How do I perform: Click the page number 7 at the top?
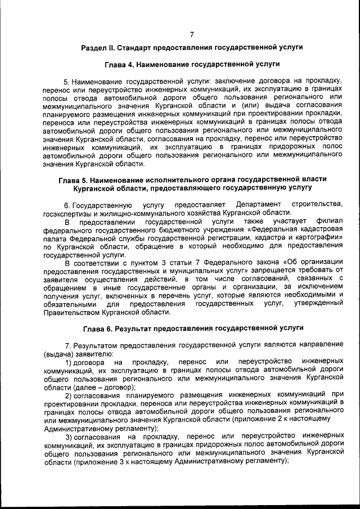click(x=192, y=35)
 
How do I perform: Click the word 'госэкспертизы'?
click(x=67, y=213)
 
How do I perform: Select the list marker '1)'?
click(x=70, y=361)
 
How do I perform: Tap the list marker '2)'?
click(x=70, y=396)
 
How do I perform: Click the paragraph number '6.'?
click(x=67, y=204)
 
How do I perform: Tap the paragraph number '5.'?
click(x=67, y=82)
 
